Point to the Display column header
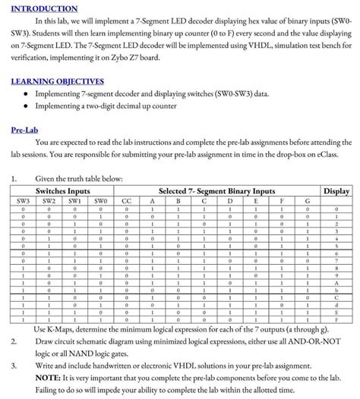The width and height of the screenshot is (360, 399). pos(336,191)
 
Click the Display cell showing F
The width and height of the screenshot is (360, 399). pos(336,320)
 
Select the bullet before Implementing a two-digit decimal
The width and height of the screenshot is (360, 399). pos(27,106)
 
